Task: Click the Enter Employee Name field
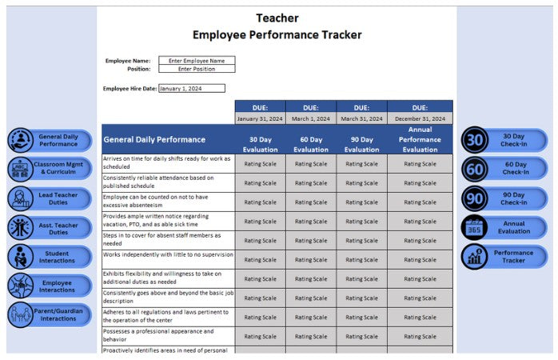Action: [197, 60]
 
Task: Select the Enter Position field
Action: [197, 69]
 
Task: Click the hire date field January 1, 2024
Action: [192, 89]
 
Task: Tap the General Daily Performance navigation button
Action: [50, 141]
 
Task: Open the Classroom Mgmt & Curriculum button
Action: [50, 170]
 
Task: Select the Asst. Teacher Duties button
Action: [50, 227]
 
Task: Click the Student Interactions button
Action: [50, 256]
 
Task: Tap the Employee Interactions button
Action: [50, 286]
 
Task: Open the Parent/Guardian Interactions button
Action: [50, 314]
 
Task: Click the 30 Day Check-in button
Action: [504, 141]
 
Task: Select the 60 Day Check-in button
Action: [504, 169]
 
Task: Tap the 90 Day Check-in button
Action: [504, 198]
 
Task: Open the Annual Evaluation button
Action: [504, 227]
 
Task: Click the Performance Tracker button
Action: [504, 256]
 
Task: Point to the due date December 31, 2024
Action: [420, 118]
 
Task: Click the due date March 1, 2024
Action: [311, 118]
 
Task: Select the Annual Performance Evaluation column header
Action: [420, 139]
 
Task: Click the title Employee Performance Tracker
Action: [277, 34]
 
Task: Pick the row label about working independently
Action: [168, 255]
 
